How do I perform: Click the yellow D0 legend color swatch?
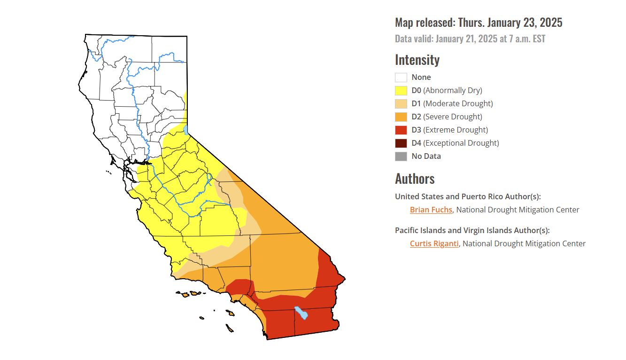click(401, 91)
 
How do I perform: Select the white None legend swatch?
click(401, 78)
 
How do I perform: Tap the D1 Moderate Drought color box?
click(401, 104)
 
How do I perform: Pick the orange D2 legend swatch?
click(401, 117)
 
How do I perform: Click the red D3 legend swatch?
click(401, 130)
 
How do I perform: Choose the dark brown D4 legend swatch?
click(401, 143)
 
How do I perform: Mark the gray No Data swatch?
click(401, 157)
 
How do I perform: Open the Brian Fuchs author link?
click(431, 210)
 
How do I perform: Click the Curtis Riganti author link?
click(434, 244)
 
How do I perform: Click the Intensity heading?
click(417, 60)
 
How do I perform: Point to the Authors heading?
click(415, 179)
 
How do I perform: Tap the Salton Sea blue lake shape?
click(301, 313)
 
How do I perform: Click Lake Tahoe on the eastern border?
click(186, 129)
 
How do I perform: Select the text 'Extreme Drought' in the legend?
click(456, 130)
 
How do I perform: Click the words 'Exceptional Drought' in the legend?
click(461, 143)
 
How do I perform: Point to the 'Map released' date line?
click(478, 23)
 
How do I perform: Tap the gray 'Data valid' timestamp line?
click(470, 39)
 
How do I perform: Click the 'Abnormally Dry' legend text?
click(453, 91)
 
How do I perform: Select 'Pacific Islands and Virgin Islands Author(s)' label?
click(472, 230)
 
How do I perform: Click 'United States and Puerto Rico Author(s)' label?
click(468, 196)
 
